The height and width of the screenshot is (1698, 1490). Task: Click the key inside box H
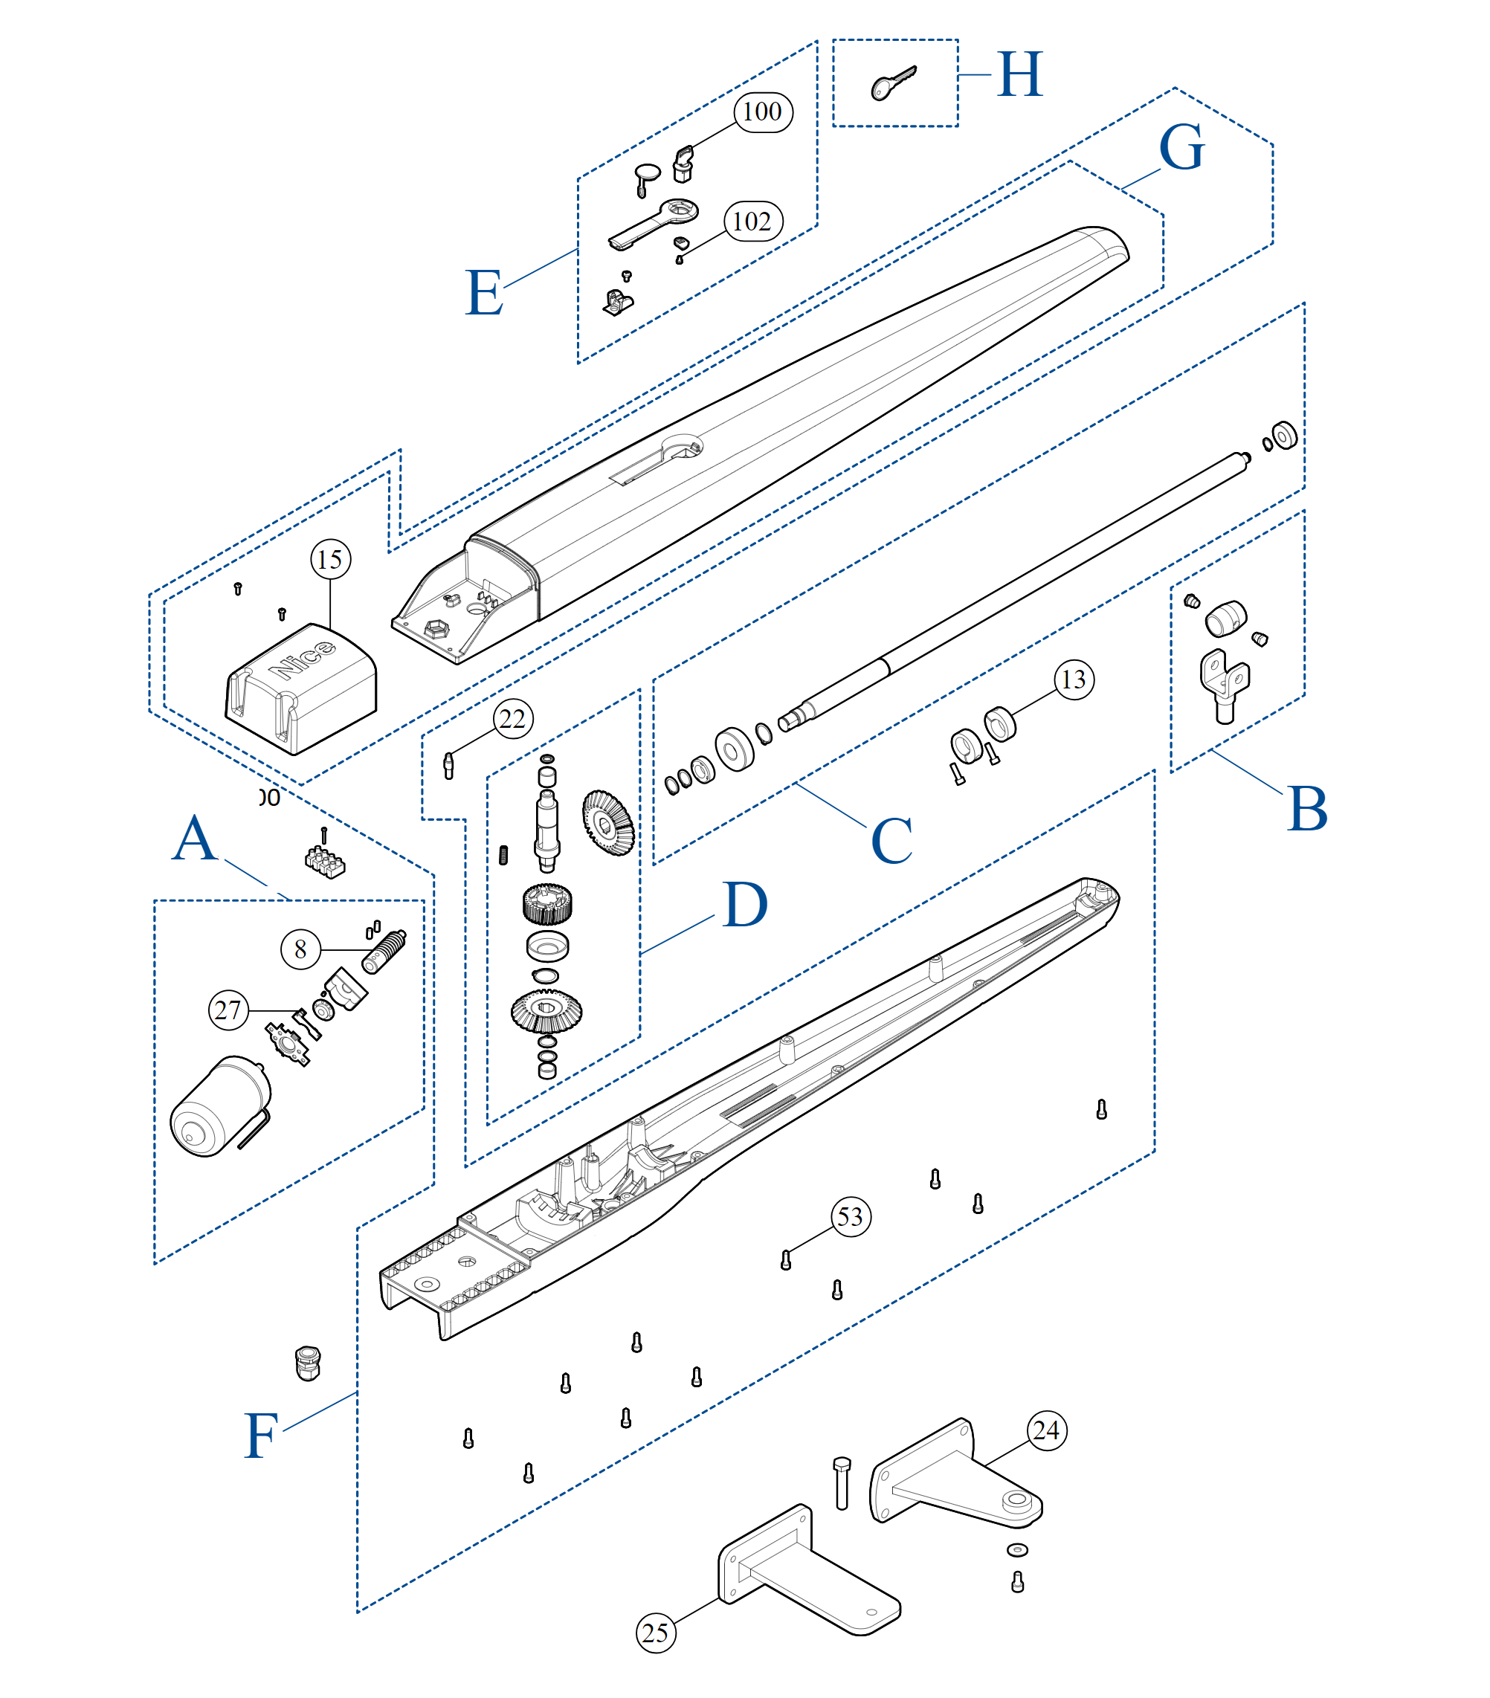[892, 84]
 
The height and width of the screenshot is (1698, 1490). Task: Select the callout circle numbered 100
[762, 112]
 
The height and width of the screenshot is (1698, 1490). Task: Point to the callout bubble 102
[752, 221]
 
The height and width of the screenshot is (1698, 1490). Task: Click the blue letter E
[483, 292]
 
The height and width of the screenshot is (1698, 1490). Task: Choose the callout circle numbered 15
[330, 559]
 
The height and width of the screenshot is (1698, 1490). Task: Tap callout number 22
[513, 719]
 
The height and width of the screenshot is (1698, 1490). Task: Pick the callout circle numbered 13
[1074, 679]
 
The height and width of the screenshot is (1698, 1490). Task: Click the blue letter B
[1307, 808]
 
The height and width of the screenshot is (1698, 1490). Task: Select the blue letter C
[891, 841]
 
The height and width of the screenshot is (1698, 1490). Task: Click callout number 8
[300, 949]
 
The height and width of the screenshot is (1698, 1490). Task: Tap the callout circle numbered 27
[228, 1010]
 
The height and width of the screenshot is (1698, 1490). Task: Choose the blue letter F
[260, 1436]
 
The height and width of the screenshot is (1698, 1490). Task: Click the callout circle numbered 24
[1046, 1430]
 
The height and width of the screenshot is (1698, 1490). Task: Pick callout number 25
[656, 1633]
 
